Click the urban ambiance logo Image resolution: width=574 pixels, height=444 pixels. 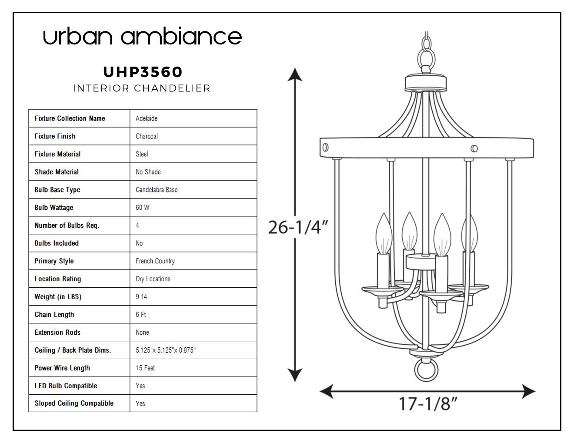[142, 36]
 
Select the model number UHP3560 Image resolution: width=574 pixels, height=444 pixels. [143, 72]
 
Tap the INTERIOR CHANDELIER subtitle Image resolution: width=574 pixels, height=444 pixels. [142, 88]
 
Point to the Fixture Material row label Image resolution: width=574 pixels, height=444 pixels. [57, 154]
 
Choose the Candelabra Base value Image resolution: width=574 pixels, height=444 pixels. [157, 190]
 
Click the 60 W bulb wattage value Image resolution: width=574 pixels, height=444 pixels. [143, 208]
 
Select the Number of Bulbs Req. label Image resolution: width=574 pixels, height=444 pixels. [67, 225]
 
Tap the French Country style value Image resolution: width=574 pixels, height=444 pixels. [155, 261]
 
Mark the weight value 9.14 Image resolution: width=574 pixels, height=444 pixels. [141, 297]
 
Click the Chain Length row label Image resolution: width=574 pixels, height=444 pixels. [54, 314]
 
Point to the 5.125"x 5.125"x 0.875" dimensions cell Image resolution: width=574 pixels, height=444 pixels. [166, 350]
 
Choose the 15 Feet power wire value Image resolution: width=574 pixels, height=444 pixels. [145, 368]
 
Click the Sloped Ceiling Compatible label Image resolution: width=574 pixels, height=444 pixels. [74, 403]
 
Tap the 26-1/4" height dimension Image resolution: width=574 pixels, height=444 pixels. [298, 227]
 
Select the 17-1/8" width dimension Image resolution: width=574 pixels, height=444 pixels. [427, 404]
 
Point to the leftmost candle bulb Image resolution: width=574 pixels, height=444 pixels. [384, 234]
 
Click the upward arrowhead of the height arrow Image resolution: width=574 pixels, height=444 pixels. [295, 74]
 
